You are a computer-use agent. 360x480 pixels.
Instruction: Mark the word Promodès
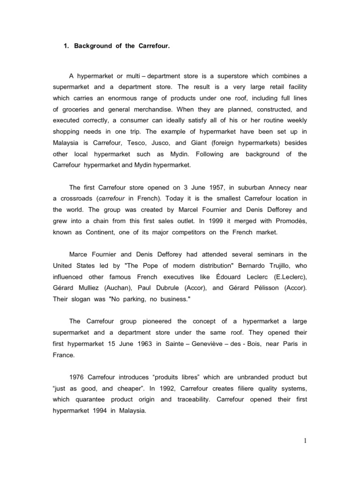click(x=291, y=221)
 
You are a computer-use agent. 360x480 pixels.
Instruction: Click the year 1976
click(x=78, y=377)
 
